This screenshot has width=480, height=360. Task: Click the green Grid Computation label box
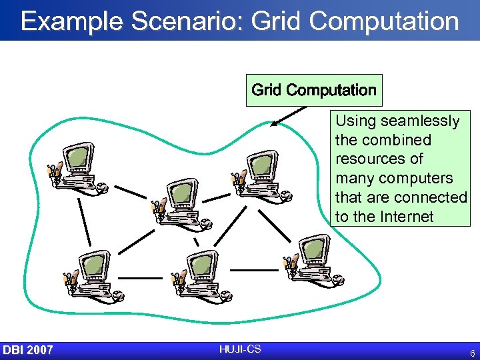314,90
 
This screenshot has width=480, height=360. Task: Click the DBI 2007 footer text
28,350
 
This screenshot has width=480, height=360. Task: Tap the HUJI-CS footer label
239,349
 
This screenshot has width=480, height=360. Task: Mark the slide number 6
472,353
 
